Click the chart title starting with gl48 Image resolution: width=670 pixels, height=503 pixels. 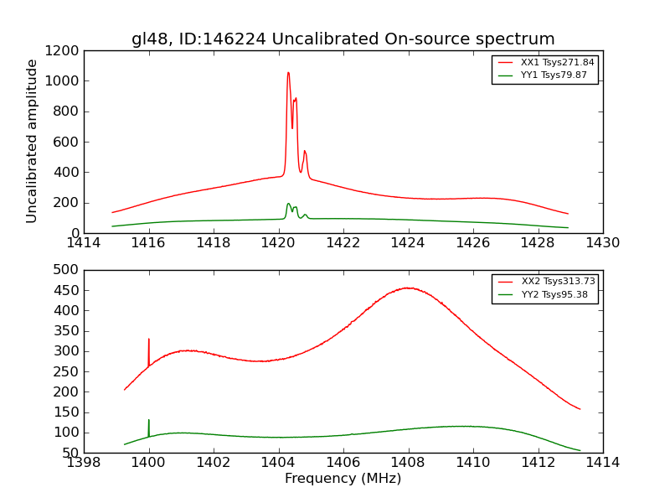click(343, 39)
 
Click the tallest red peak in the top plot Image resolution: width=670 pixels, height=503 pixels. click(288, 73)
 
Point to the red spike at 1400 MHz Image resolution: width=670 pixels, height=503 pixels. click(149, 340)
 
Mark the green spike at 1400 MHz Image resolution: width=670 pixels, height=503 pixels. click(149, 421)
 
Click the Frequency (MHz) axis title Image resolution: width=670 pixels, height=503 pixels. click(343, 479)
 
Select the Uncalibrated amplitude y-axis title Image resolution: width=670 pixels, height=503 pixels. click(33, 141)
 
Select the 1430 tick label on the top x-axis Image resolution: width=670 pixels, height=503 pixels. click(602, 243)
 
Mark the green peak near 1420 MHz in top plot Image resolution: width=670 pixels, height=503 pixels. click(288, 204)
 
